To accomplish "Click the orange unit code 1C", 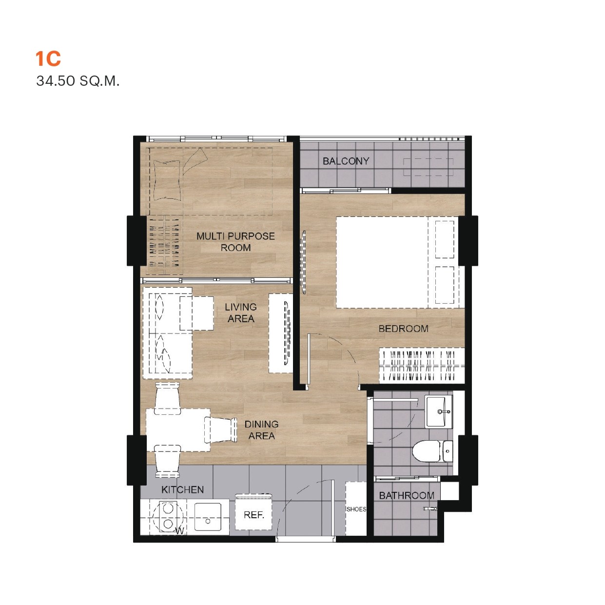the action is point(48,59).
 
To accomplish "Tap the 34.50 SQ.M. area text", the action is point(78,81).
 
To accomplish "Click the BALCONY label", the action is point(346,161).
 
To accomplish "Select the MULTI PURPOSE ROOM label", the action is point(235,242).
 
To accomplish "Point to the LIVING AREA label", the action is point(240,312).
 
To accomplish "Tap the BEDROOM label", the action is point(403,329).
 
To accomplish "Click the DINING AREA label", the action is point(261,430).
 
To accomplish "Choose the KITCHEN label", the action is point(182,489).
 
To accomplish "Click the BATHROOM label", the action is point(407,495).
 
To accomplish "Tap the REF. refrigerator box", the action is point(254,515).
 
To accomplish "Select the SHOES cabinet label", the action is point(356,509).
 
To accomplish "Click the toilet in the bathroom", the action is point(432,451).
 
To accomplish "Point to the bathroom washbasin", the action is point(438,411).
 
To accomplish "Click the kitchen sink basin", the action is point(208,516).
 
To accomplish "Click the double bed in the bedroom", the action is point(397,262).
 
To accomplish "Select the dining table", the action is point(178,430).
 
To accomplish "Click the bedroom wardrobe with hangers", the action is point(422,366).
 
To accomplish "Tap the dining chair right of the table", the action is point(220,430).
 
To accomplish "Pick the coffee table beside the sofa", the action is point(196,313).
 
